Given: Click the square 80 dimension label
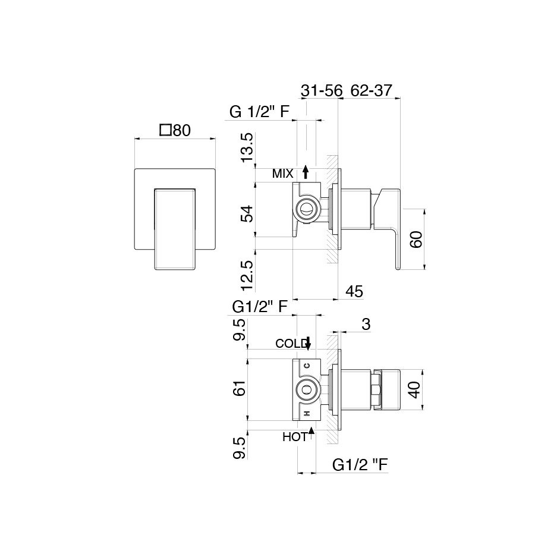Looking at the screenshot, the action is tap(175, 130).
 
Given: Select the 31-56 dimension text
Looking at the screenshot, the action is tap(322, 91).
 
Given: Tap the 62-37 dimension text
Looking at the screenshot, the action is tap(372, 90).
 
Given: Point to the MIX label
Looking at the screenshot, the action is tap(282, 174).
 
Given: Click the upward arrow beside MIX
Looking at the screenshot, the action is tap(306, 172).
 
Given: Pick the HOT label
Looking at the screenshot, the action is tap(295, 437).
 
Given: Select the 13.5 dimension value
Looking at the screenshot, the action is tap(247, 147).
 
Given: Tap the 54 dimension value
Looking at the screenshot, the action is tap(247, 213).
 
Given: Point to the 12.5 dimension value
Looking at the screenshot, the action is tap(247, 275).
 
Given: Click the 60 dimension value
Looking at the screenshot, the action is tap(416, 240).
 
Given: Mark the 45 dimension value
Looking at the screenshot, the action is tap(354, 291).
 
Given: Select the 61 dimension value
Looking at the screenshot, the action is tap(240, 388).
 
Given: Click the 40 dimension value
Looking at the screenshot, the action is tap(414, 389).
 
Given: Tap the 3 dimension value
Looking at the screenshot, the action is tap(366, 324).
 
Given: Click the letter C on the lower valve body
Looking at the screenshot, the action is tap(306, 366).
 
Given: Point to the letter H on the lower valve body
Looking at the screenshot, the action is tap(306, 413).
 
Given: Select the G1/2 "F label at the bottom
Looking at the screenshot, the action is tap(360, 465).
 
